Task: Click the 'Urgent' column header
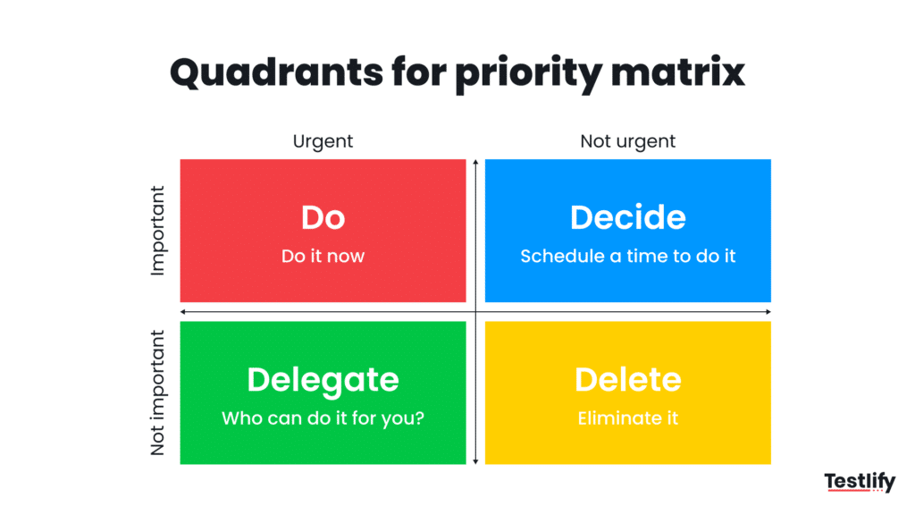pyautogui.click(x=323, y=141)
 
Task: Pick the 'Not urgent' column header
pyautogui.click(x=627, y=141)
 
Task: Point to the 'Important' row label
pyautogui.click(x=158, y=231)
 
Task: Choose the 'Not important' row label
pyautogui.click(x=158, y=393)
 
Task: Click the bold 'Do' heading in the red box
pyautogui.click(x=323, y=218)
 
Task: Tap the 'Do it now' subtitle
pyautogui.click(x=323, y=256)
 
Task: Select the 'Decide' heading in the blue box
pyautogui.click(x=627, y=218)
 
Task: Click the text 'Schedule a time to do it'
pyautogui.click(x=627, y=256)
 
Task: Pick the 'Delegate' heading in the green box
pyautogui.click(x=323, y=380)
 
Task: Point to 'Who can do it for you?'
pyautogui.click(x=323, y=418)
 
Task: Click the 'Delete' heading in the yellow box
pyautogui.click(x=627, y=380)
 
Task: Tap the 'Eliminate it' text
pyautogui.click(x=627, y=418)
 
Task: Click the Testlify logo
pyautogui.click(x=859, y=483)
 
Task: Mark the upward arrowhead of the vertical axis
pyautogui.click(x=475, y=163)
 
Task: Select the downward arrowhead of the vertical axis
pyautogui.click(x=475, y=460)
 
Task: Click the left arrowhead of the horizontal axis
pyautogui.click(x=183, y=311)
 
